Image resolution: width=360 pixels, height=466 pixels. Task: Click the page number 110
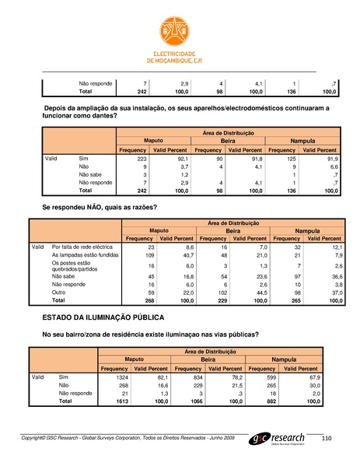pyautogui.click(x=326, y=440)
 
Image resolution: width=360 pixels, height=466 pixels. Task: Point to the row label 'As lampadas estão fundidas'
pyautogui.click(x=85, y=254)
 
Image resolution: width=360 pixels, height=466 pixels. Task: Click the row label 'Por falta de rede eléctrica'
pyautogui.click(x=83, y=246)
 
